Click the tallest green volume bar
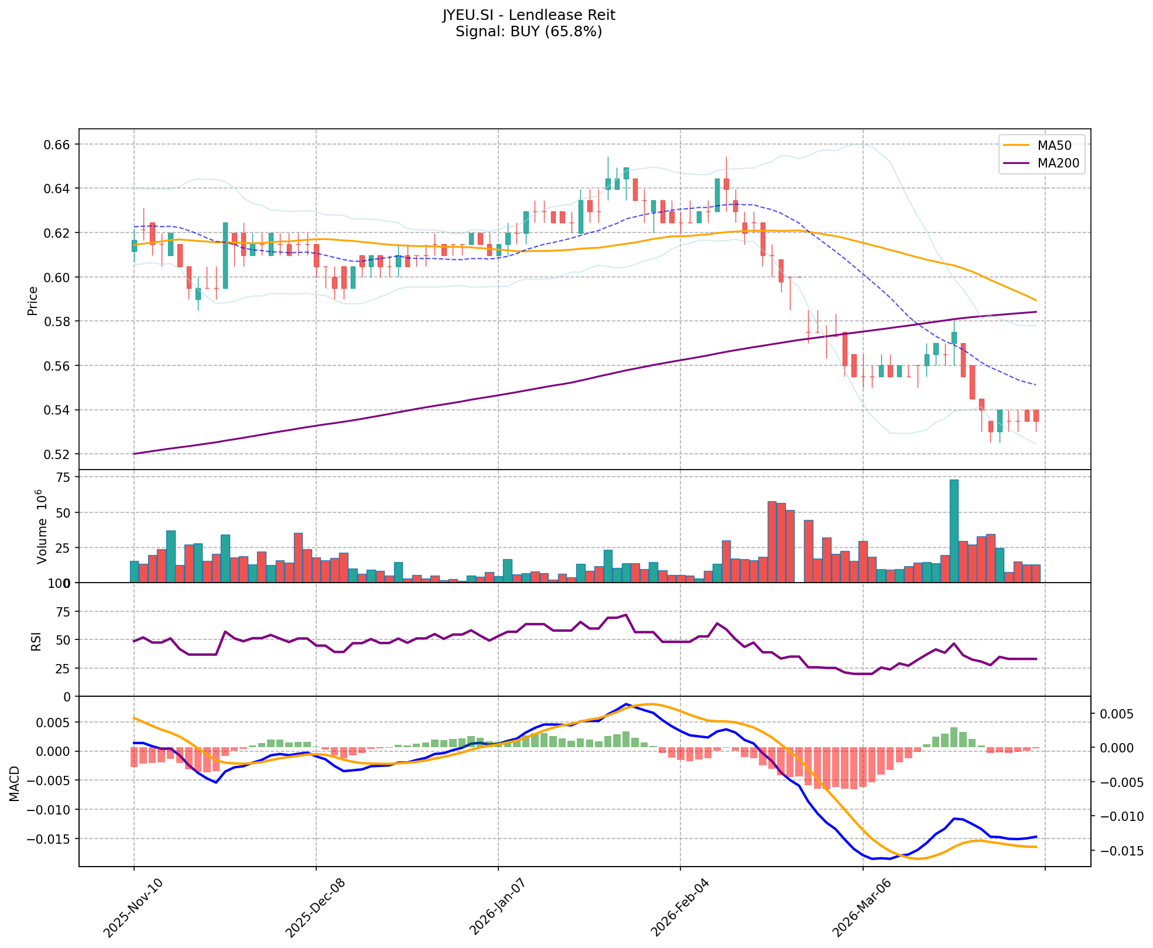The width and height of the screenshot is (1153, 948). (x=954, y=531)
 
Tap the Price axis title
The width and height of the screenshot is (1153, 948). (x=33, y=300)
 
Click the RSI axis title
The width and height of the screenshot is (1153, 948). (x=36, y=641)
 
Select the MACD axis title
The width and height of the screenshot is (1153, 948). (x=15, y=783)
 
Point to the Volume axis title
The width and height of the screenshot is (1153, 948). (x=41, y=526)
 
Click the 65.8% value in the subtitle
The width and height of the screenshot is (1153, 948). (x=573, y=32)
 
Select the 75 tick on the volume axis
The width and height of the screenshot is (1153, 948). (x=63, y=478)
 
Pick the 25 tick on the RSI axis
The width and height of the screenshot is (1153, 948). (x=63, y=668)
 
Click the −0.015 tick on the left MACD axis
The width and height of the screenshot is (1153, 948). (x=50, y=839)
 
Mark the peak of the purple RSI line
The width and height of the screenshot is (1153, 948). (x=626, y=615)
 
